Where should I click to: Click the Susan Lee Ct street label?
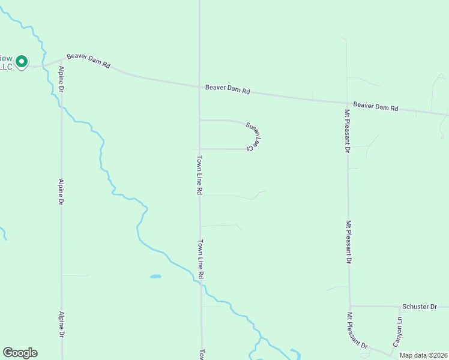point(255,136)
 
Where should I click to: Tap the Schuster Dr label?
point(420,306)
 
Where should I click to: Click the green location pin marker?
point(22,62)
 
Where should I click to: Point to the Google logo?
point(20,353)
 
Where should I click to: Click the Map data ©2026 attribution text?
point(423,355)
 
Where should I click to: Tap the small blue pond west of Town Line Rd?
point(155,277)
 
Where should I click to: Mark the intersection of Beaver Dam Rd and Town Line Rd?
point(199,87)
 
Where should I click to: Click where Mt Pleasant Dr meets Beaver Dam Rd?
point(346,103)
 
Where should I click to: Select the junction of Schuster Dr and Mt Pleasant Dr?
point(349,305)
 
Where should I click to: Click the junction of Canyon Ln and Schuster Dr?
point(400,307)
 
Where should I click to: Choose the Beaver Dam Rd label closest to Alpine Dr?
point(88,61)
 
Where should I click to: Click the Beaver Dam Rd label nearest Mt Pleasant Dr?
point(376,106)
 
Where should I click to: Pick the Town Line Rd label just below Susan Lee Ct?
point(199,175)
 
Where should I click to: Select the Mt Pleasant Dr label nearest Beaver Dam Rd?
point(347,131)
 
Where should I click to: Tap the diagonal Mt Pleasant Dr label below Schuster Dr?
point(357,331)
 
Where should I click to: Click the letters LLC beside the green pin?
point(5,67)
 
